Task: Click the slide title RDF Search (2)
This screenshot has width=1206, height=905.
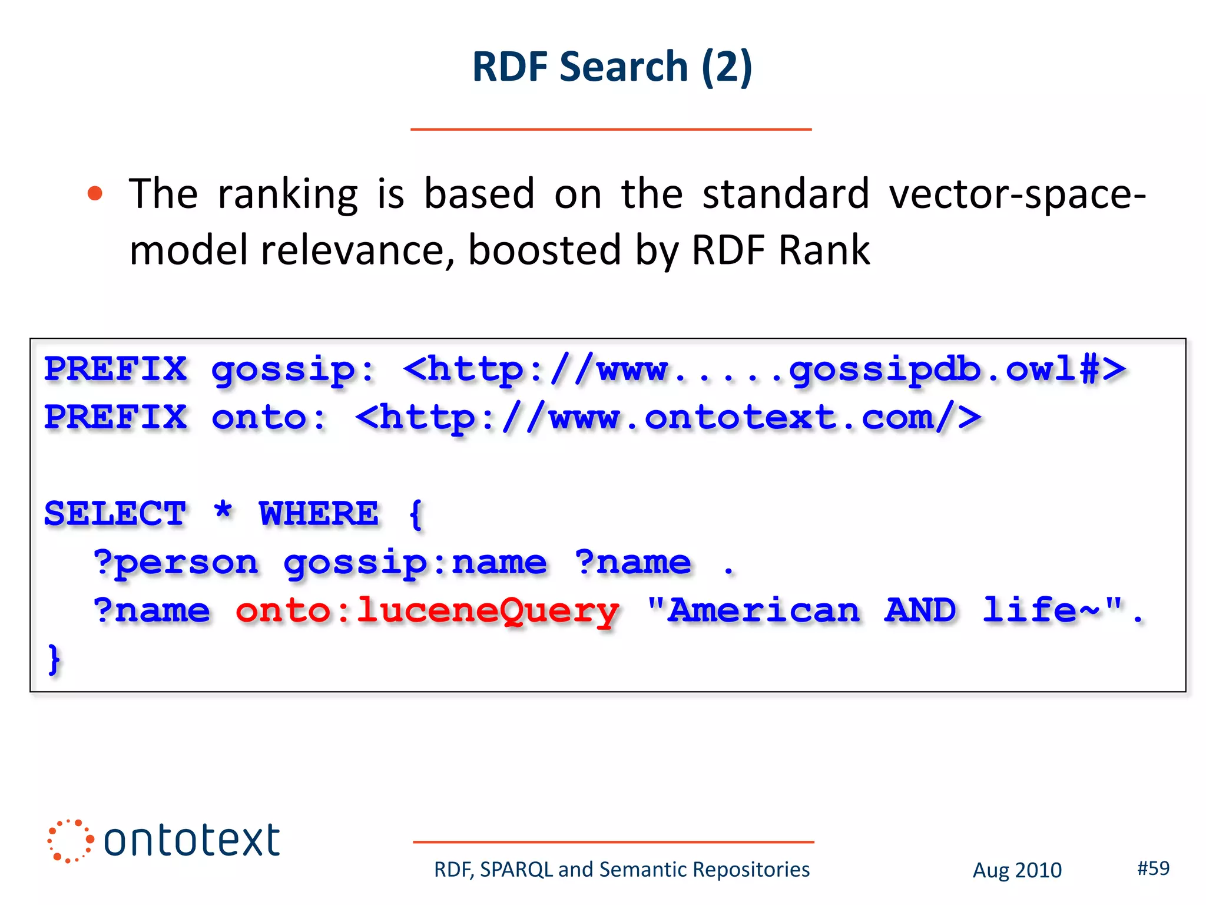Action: pos(612,67)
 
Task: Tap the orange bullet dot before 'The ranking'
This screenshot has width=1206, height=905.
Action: pos(95,194)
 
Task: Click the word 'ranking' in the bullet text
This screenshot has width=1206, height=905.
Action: pos(287,194)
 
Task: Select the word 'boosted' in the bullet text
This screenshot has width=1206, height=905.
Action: pos(544,250)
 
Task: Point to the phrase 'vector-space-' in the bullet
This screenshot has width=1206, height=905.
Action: pos(1017,194)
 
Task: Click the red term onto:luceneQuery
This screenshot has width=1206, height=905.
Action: pos(427,611)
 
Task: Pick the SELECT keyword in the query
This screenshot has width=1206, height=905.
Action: pos(115,514)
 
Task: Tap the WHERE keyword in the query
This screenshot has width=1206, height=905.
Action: pos(319,514)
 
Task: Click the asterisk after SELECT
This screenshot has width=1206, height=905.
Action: pos(223,510)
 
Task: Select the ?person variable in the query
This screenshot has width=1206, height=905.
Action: pos(175,563)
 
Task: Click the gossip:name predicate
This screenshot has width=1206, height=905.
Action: pos(415,563)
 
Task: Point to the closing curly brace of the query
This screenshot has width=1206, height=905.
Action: pos(54,659)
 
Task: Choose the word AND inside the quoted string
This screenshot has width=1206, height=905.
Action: pos(920,610)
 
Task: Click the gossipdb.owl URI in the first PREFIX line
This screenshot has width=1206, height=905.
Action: pos(764,370)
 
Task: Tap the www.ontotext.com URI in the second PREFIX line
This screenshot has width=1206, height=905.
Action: pos(668,418)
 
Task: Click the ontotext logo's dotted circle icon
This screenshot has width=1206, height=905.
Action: pos(70,841)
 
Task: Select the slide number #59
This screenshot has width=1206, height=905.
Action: pos(1153,868)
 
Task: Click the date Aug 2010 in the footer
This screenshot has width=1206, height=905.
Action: pos(1017,870)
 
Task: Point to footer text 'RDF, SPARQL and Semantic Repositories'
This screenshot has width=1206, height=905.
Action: pos(622,870)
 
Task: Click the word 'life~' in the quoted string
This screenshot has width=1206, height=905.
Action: pos(1041,610)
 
